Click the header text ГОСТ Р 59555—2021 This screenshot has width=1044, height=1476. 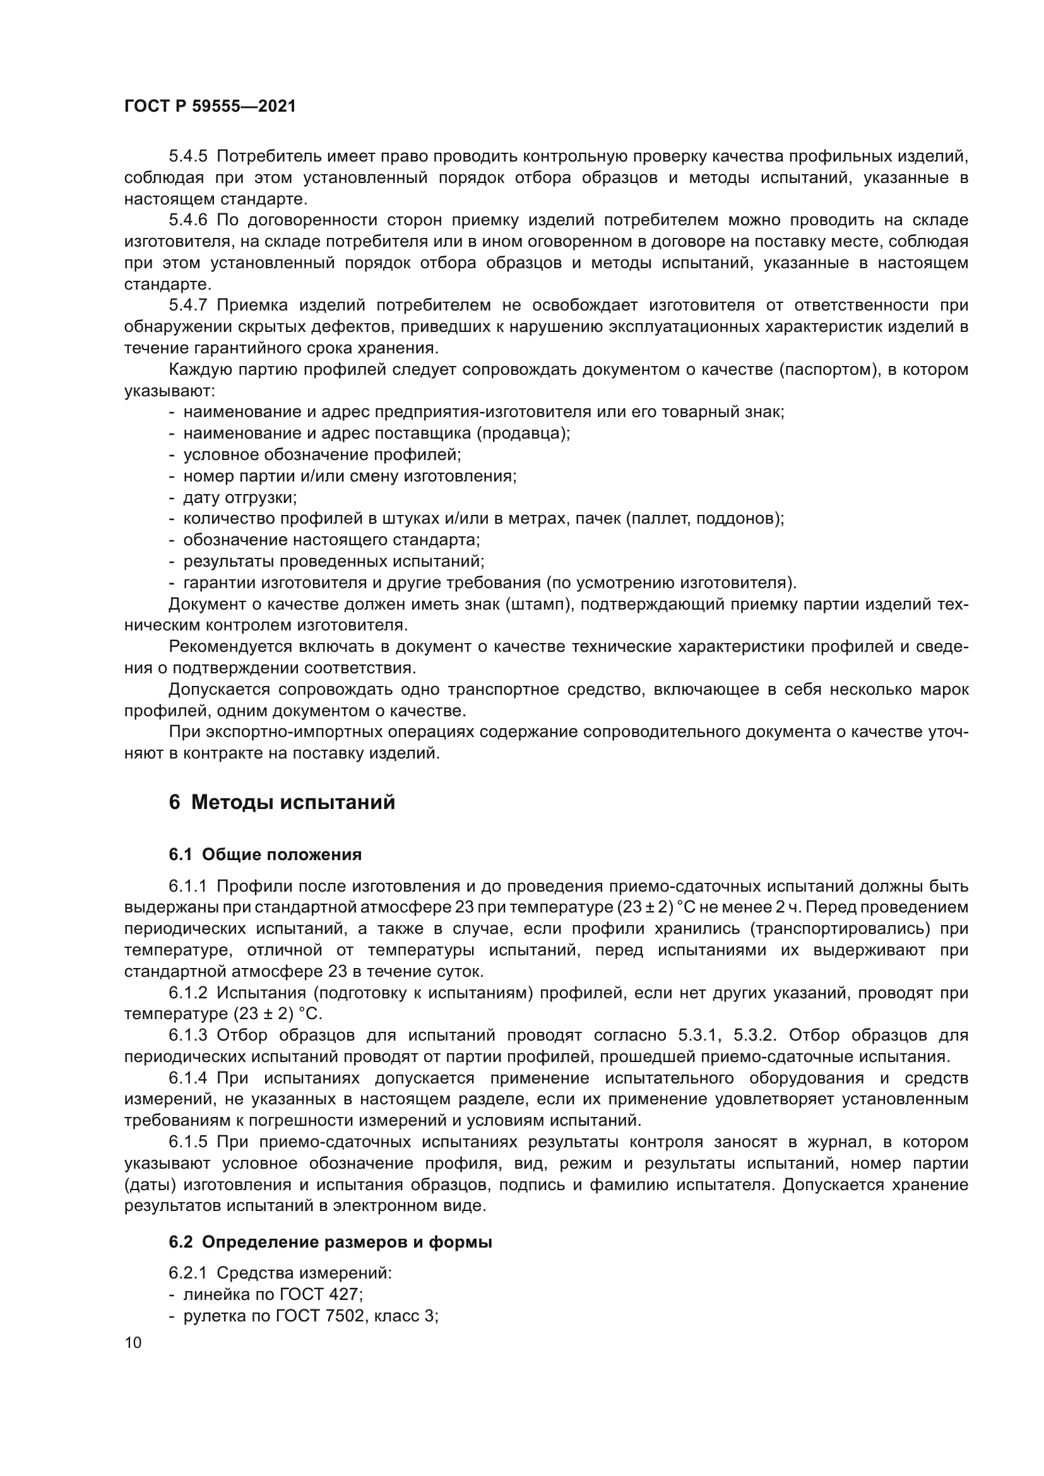210,107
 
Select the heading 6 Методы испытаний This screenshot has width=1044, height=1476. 282,803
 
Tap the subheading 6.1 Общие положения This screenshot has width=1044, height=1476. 265,854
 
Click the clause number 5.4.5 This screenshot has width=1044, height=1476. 187,156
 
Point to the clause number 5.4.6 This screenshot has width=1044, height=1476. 187,220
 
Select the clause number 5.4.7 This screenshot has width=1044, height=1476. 187,305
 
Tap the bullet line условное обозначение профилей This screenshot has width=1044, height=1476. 322,454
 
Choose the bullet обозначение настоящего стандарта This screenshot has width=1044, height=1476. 331,540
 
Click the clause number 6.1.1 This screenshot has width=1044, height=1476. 187,886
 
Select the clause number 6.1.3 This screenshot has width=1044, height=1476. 187,1035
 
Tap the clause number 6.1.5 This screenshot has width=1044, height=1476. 187,1142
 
